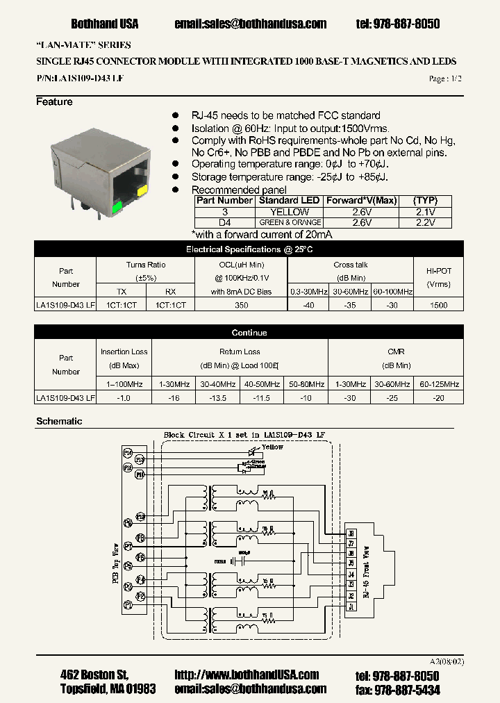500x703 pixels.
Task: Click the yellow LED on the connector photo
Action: tap(142, 190)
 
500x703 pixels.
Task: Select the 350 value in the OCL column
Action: tap(241, 304)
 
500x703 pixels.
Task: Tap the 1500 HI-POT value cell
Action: tap(438, 304)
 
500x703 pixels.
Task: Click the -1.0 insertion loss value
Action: tap(124, 397)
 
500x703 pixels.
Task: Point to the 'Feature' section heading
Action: tap(54, 102)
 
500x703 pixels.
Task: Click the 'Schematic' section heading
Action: tap(59, 421)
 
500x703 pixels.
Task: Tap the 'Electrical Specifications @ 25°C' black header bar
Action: tap(249, 249)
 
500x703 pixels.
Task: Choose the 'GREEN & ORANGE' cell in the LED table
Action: tap(290, 223)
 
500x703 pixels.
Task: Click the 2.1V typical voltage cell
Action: tap(425, 212)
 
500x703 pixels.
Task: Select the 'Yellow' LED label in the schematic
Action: tap(272, 447)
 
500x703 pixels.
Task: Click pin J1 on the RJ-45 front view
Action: tap(351, 606)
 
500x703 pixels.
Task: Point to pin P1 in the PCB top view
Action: tap(128, 606)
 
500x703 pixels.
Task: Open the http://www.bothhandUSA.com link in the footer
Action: tap(247, 675)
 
